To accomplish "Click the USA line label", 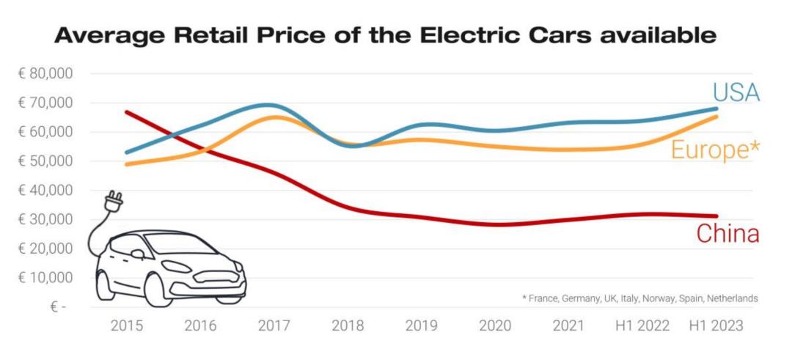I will click(736, 93).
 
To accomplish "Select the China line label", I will click(727, 234).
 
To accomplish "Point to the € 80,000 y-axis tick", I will click(45, 74).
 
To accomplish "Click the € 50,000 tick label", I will click(45, 161).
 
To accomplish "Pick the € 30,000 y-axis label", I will click(45, 219).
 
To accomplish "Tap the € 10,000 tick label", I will click(45, 278).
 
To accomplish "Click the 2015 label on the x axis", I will click(126, 326).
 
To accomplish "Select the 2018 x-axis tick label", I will click(348, 326).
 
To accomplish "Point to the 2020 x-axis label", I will click(495, 326).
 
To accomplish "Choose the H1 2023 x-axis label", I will click(715, 326).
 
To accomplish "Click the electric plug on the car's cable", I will click(114, 200).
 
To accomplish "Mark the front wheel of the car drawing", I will click(159, 290).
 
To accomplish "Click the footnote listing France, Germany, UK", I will click(639, 298).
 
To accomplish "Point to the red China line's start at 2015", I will click(127, 112).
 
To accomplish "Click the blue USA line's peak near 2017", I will click(269, 105).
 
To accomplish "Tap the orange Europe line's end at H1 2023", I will click(715, 117).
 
